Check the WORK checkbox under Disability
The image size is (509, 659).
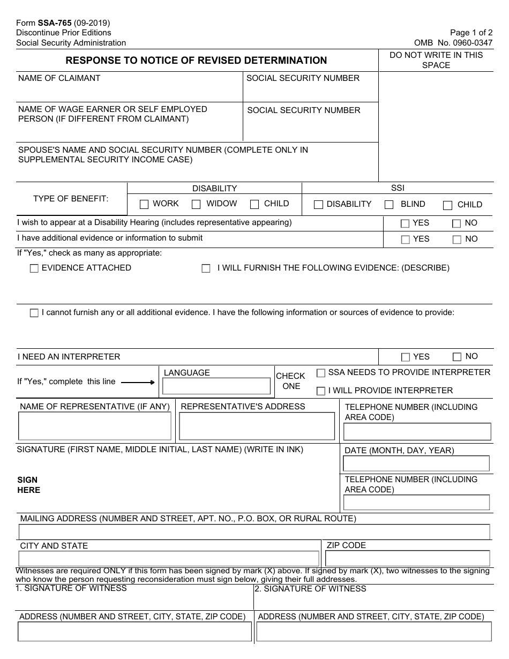(144, 204)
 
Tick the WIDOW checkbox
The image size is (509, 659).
(196, 204)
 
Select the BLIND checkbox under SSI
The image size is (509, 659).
(389, 205)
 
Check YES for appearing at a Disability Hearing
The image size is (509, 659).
(405, 223)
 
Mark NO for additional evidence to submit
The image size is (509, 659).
(456, 239)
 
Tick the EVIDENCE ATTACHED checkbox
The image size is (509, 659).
(34, 268)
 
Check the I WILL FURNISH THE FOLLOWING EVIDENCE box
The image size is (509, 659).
(206, 268)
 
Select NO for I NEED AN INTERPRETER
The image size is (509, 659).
(457, 357)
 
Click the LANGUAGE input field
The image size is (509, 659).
(216, 386)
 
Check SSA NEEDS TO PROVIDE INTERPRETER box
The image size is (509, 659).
(321, 373)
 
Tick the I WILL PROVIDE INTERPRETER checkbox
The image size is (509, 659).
(321, 391)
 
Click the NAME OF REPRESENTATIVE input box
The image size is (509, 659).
(95, 426)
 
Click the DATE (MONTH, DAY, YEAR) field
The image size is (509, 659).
(416, 463)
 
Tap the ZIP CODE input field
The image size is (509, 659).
(408, 558)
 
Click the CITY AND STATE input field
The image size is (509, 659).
(169, 558)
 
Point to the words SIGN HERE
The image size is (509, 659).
(28, 485)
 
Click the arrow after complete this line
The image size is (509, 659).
(138, 382)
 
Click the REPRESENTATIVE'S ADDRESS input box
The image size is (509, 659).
(257, 426)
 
